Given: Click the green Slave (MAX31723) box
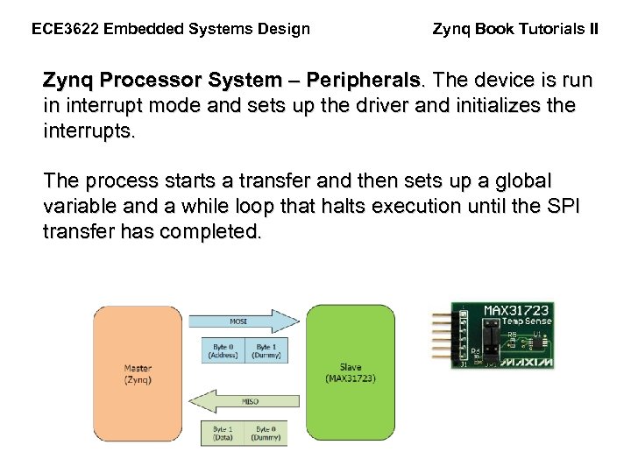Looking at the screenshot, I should (350, 372).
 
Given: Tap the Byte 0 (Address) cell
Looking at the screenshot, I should (222, 351).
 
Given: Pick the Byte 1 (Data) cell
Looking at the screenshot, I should (222, 433).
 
